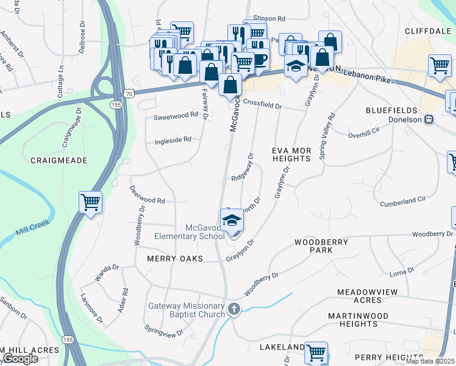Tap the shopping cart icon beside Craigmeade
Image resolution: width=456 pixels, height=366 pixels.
[x=90, y=201]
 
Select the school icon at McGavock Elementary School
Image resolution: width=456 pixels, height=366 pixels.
[x=232, y=220]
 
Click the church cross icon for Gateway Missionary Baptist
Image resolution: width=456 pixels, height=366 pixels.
[x=234, y=309]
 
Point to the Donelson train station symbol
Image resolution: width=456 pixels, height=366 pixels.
[x=429, y=120]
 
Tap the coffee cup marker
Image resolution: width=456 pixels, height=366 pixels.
[x=260, y=59]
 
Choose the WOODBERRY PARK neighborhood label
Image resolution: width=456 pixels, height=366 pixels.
[x=321, y=246]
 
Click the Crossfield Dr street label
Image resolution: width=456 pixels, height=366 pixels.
[x=262, y=105]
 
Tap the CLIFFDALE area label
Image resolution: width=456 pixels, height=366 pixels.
[x=426, y=30]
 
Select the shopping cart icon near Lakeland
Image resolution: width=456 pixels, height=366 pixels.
[x=316, y=352]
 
